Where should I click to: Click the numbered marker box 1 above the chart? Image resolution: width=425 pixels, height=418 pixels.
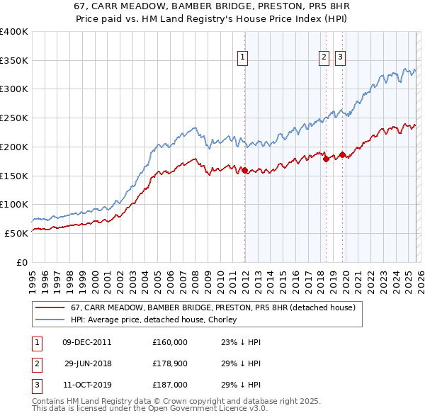pos(242,57)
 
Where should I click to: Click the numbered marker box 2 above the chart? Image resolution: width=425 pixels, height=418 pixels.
pos(324,57)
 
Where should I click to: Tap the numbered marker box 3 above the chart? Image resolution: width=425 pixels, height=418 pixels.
pos(340,57)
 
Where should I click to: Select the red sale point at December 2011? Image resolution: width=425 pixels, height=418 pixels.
pos(245,170)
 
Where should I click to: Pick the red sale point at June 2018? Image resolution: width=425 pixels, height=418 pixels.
pos(326,159)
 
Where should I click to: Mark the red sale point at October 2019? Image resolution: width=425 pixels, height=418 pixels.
pos(342,154)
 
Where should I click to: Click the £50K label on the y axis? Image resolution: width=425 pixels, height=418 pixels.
pos(16,233)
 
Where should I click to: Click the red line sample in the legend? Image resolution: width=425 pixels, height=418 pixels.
pos(50,307)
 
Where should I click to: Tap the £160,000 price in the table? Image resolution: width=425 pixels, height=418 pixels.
pos(169,342)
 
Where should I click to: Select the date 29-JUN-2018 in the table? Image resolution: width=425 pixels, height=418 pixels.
pos(88,363)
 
